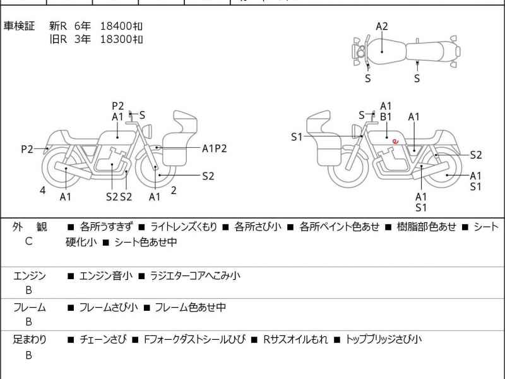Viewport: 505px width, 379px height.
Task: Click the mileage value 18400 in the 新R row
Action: [x=122, y=26]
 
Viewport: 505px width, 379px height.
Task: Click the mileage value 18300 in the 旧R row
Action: [x=122, y=39]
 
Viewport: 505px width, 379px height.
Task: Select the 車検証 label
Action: [x=20, y=26]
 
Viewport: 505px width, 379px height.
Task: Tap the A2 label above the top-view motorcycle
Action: [x=382, y=27]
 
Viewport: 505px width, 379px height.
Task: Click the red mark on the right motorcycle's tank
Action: [x=395, y=141]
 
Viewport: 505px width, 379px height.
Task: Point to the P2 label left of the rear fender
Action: [x=27, y=150]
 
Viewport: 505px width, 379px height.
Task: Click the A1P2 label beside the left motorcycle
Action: [x=214, y=148]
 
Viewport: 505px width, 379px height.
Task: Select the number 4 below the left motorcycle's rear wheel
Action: [x=42, y=189]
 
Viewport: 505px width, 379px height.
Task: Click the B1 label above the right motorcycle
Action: [x=386, y=117]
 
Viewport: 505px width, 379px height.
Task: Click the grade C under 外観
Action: [x=28, y=241]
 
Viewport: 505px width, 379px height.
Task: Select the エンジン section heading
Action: [x=29, y=275]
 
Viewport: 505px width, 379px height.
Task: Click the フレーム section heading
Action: [x=29, y=308]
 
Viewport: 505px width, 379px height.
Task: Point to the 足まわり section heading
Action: [x=29, y=340]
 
